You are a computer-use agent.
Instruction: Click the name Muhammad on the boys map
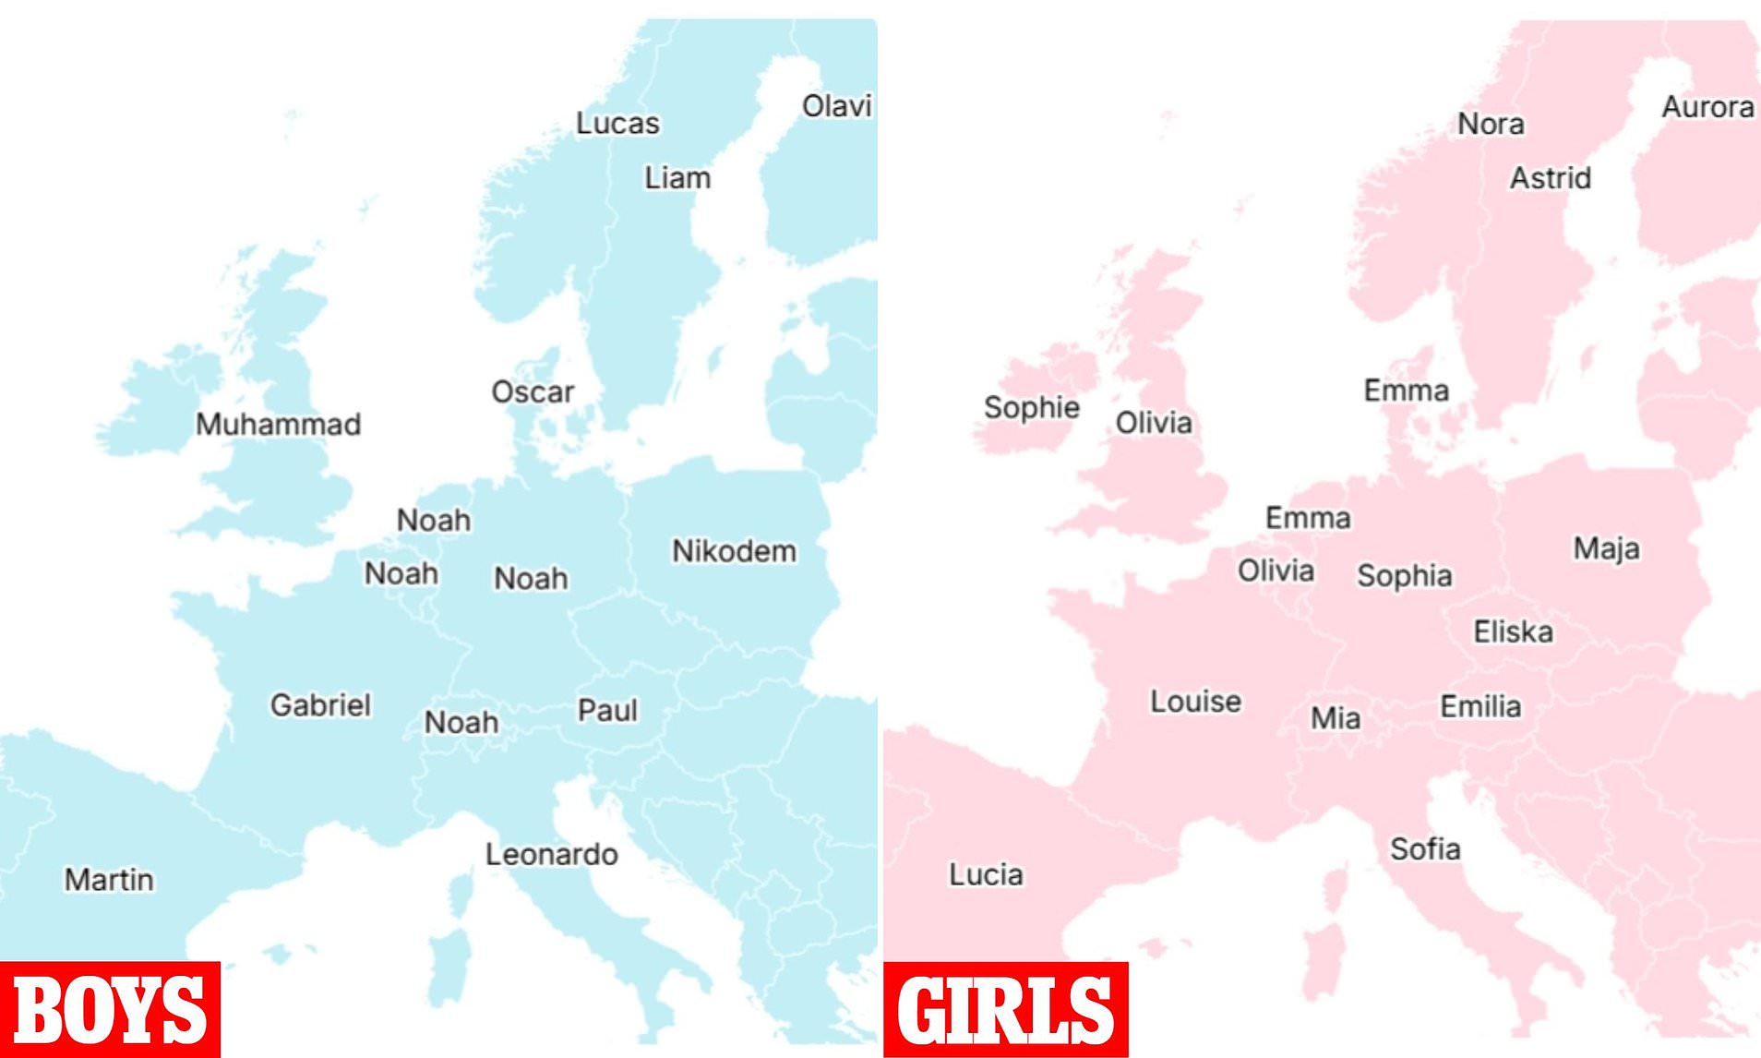click(278, 425)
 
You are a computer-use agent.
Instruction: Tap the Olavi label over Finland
click(836, 106)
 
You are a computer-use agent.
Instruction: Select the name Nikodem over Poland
click(734, 551)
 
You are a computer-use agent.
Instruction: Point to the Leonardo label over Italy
click(551, 854)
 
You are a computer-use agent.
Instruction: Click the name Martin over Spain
click(109, 879)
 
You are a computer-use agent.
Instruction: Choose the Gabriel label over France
click(320, 705)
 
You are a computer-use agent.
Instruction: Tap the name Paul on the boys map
click(607, 710)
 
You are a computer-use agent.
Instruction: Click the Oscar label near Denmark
click(533, 391)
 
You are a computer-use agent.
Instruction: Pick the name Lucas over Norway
click(617, 123)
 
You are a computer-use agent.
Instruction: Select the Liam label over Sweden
click(677, 177)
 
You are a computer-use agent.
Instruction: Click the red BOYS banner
click(110, 1009)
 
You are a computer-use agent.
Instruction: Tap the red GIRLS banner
click(1005, 1009)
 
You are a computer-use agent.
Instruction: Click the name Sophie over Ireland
click(1031, 407)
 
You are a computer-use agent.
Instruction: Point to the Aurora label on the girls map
click(1707, 107)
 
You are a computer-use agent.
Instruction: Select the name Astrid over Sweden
click(1550, 177)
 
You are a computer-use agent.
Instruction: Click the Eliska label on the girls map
click(1513, 631)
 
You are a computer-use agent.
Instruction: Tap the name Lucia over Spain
click(986, 874)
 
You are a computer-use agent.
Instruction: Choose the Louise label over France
click(1195, 701)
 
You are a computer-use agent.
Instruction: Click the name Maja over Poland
click(1606, 548)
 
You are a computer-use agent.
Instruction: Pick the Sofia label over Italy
click(1425, 848)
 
